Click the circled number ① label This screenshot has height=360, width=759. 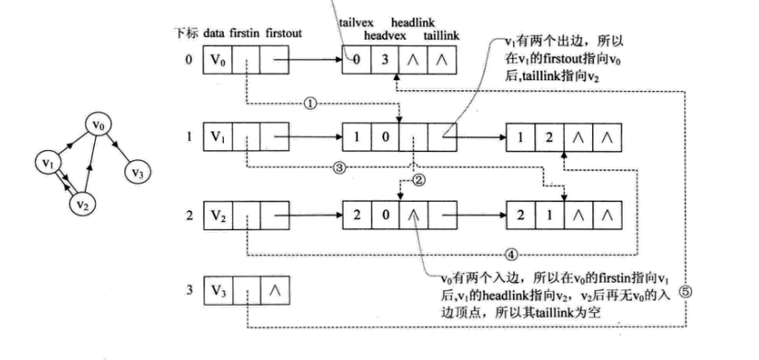[310, 104]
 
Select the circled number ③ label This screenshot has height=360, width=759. [339, 168]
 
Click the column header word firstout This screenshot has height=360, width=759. [285, 34]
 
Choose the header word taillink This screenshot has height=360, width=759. [443, 34]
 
